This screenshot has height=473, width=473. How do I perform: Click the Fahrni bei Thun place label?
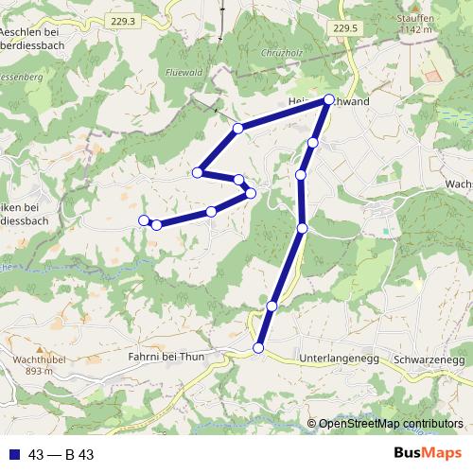[166, 358]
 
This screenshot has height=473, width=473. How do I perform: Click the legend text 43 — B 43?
[61, 455]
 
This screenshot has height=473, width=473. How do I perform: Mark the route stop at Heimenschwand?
[329, 99]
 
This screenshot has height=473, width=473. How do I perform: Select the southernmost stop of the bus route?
[258, 349]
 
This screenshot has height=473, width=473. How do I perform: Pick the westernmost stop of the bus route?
[144, 220]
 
